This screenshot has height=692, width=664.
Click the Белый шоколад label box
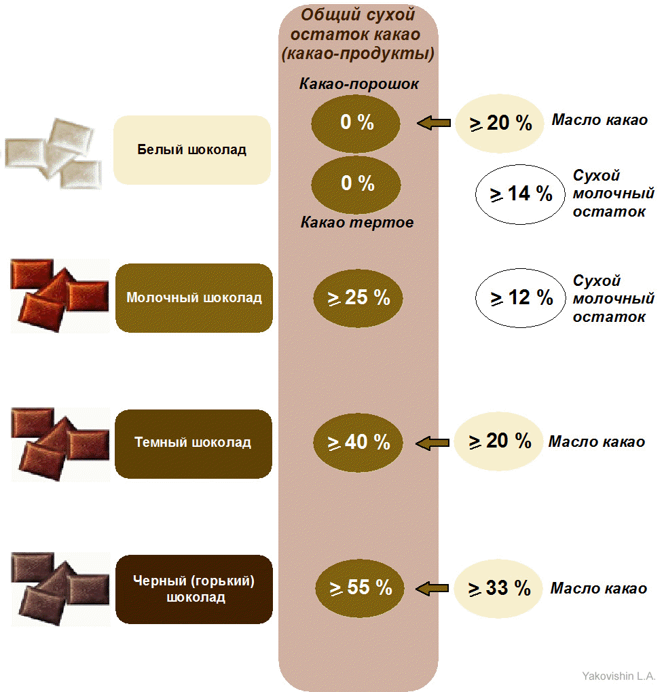click(x=192, y=150)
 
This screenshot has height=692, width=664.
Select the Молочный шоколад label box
click(x=194, y=298)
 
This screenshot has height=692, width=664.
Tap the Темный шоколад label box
click(x=193, y=443)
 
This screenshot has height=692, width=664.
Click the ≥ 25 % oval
click(x=358, y=297)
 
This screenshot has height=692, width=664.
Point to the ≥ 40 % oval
click(x=358, y=442)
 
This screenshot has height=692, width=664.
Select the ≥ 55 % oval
click(x=360, y=587)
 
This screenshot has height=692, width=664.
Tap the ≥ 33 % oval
click(x=498, y=589)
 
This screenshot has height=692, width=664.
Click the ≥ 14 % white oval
click(x=520, y=194)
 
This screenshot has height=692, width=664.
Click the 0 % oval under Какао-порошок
click(x=356, y=123)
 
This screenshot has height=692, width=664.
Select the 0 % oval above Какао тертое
click(x=356, y=183)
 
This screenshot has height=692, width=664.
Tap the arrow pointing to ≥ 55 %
click(x=433, y=588)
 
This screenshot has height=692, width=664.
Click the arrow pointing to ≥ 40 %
click(x=432, y=443)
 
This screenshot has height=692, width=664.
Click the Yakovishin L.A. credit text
click(x=618, y=676)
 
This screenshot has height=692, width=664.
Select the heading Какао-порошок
click(x=359, y=85)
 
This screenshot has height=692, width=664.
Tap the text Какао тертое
click(x=358, y=222)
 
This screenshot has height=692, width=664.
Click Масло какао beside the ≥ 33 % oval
click(x=598, y=589)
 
